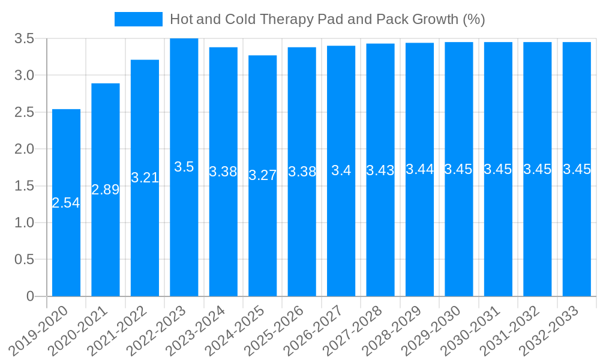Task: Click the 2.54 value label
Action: pos(66,203)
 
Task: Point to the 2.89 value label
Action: pos(106,190)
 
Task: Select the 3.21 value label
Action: pos(145,178)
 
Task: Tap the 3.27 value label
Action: pos(263,175)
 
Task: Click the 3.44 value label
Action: pos(420,169)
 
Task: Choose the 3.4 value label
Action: pos(341,170)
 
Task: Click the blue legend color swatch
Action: pos(138,19)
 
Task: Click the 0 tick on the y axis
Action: pos(31,296)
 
